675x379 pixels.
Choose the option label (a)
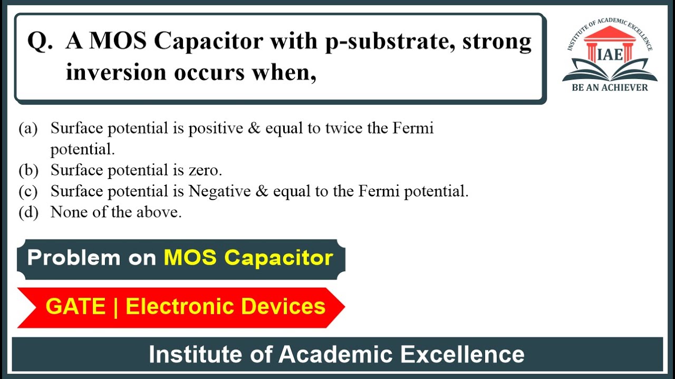point(28,128)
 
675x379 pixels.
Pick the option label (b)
point(28,171)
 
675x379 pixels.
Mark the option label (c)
point(28,192)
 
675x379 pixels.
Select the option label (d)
point(28,213)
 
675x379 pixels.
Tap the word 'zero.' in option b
point(205,171)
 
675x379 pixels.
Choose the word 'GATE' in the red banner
point(76,306)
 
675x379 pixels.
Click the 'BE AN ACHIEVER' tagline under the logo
point(610,88)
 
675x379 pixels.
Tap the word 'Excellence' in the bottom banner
point(462,354)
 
